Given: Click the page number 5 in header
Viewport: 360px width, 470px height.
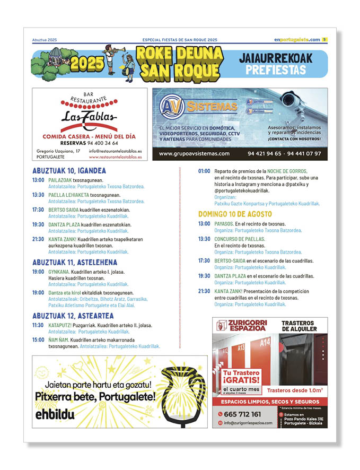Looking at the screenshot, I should pyautogui.click(x=324, y=39).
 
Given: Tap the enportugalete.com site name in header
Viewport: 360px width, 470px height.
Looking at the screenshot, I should pyautogui.click(x=297, y=40).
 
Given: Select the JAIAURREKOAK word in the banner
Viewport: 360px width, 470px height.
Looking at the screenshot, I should pyautogui.click(x=280, y=57).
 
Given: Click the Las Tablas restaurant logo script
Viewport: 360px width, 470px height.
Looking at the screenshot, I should pyautogui.click(x=89, y=117).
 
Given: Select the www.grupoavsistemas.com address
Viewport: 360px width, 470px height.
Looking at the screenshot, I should pyautogui.click(x=194, y=154).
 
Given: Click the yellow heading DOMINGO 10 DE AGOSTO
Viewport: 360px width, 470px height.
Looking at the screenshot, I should pyautogui.click(x=235, y=214).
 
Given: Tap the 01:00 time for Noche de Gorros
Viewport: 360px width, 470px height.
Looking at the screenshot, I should pyautogui.click(x=204, y=171).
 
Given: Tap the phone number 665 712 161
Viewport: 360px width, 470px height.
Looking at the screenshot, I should pyautogui.click(x=243, y=414).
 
